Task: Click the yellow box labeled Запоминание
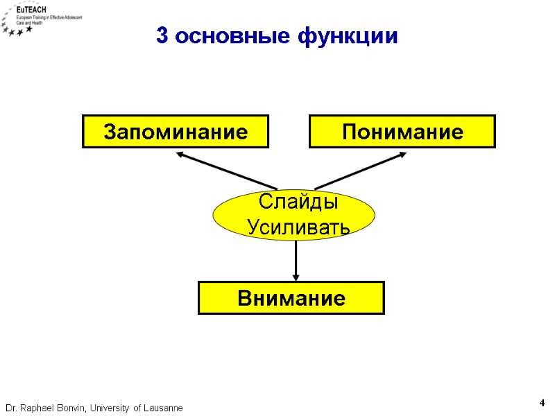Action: tap(176, 132)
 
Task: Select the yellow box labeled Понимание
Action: tap(402, 132)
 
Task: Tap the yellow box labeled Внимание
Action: tap(291, 298)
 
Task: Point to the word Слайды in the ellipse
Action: tap(298, 202)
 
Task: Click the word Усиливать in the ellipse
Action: tap(298, 227)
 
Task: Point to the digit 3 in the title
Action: tap(162, 37)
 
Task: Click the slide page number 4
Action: tap(542, 403)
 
